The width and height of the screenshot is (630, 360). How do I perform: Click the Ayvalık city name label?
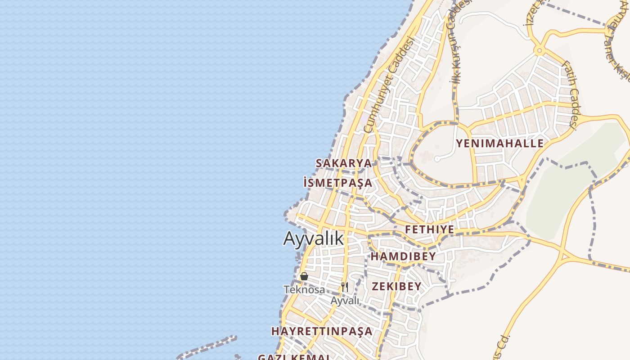tap(313, 239)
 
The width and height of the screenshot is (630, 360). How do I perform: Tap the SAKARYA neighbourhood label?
tap(344, 163)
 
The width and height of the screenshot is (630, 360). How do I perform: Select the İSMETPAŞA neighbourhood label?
tap(338, 183)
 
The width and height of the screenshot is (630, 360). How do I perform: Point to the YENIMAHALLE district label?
tap(500, 144)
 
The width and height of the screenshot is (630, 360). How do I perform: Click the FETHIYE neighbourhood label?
tap(429, 229)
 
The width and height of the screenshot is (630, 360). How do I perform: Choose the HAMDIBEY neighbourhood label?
tap(403, 256)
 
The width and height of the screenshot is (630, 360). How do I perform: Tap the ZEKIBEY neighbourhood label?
tap(396, 286)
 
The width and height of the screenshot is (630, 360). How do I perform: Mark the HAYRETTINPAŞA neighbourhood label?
tap(322, 331)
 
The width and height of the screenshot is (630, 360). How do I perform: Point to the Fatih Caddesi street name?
tap(569, 95)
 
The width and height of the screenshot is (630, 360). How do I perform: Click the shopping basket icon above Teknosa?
tap(304, 276)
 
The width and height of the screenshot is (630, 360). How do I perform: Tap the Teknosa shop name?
tap(304, 289)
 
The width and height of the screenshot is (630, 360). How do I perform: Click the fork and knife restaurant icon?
tap(345, 287)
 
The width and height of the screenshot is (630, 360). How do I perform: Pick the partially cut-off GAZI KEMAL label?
tap(294, 357)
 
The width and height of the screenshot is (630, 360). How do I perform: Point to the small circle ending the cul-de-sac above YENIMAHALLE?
tap(437, 159)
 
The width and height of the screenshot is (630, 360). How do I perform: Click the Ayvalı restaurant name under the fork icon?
tap(345, 300)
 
